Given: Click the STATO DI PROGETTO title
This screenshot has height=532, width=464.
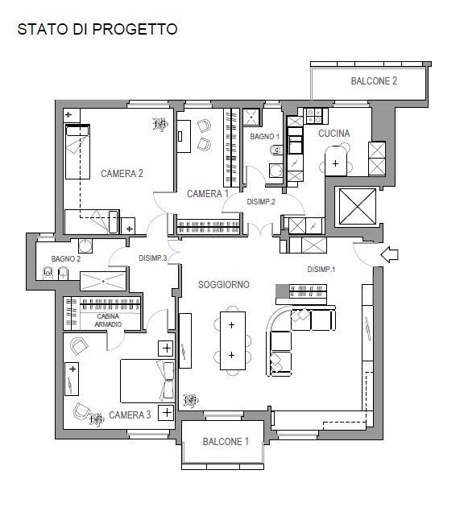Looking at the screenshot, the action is click(97, 29).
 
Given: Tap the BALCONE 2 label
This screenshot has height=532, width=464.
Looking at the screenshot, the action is click(374, 81).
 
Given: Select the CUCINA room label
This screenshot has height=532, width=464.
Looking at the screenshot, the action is click(334, 134).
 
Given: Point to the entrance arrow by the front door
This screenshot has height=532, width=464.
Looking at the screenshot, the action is click(389, 254).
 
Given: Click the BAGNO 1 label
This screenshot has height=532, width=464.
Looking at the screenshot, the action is click(264, 136).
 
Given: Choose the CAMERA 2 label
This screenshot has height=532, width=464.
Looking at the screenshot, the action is click(122, 173).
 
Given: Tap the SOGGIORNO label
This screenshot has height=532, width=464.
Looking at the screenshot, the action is click(223, 284).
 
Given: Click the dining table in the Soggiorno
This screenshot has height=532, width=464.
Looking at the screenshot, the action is click(233, 340).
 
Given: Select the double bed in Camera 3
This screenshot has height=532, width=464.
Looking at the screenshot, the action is click(147, 381).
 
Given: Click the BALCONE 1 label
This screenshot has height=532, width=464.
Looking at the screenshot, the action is click(226, 441).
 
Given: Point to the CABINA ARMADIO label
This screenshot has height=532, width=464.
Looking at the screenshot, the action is click(108, 320).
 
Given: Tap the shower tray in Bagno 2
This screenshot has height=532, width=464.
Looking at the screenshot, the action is click(103, 281).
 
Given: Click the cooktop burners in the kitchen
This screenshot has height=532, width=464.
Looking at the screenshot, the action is click(314, 116).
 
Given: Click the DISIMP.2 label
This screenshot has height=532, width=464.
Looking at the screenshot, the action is click(261, 201).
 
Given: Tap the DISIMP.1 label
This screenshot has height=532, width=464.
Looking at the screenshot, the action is click(321, 269).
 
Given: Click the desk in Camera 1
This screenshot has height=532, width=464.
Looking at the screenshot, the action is click(184, 136).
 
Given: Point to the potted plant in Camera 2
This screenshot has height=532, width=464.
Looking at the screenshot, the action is click(160, 124).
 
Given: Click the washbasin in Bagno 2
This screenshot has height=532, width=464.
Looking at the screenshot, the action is click(85, 245).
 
